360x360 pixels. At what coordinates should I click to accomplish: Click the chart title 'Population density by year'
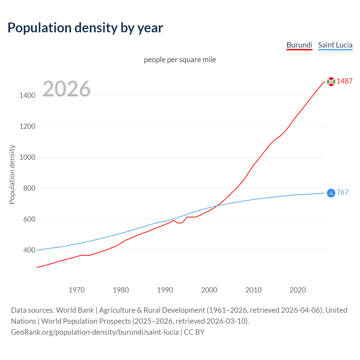click(85, 28)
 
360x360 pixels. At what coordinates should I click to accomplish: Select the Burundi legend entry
click(299, 45)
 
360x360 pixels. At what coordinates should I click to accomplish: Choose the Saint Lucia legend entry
click(335, 45)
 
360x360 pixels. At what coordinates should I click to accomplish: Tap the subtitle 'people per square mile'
click(180, 60)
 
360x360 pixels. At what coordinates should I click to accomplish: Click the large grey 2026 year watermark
click(67, 89)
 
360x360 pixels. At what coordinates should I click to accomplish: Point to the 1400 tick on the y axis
click(27, 95)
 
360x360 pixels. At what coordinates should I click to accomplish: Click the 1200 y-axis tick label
click(27, 126)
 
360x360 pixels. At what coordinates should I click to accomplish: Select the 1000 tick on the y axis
click(27, 157)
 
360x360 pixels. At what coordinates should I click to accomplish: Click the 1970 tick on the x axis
click(76, 290)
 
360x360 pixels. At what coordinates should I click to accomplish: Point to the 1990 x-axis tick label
click(165, 290)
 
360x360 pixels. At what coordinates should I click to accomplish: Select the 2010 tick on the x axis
click(253, 290)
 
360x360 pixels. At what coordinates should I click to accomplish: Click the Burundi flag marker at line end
click(331, 82)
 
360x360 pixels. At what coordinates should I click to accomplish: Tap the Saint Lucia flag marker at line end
click(331, 193)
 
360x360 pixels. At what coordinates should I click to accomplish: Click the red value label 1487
click(345, 81)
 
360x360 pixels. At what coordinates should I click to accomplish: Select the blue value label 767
click(342, 193)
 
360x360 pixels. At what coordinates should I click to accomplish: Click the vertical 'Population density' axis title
click(12, 174)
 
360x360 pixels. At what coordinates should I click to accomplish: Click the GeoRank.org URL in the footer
click(95, 332)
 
